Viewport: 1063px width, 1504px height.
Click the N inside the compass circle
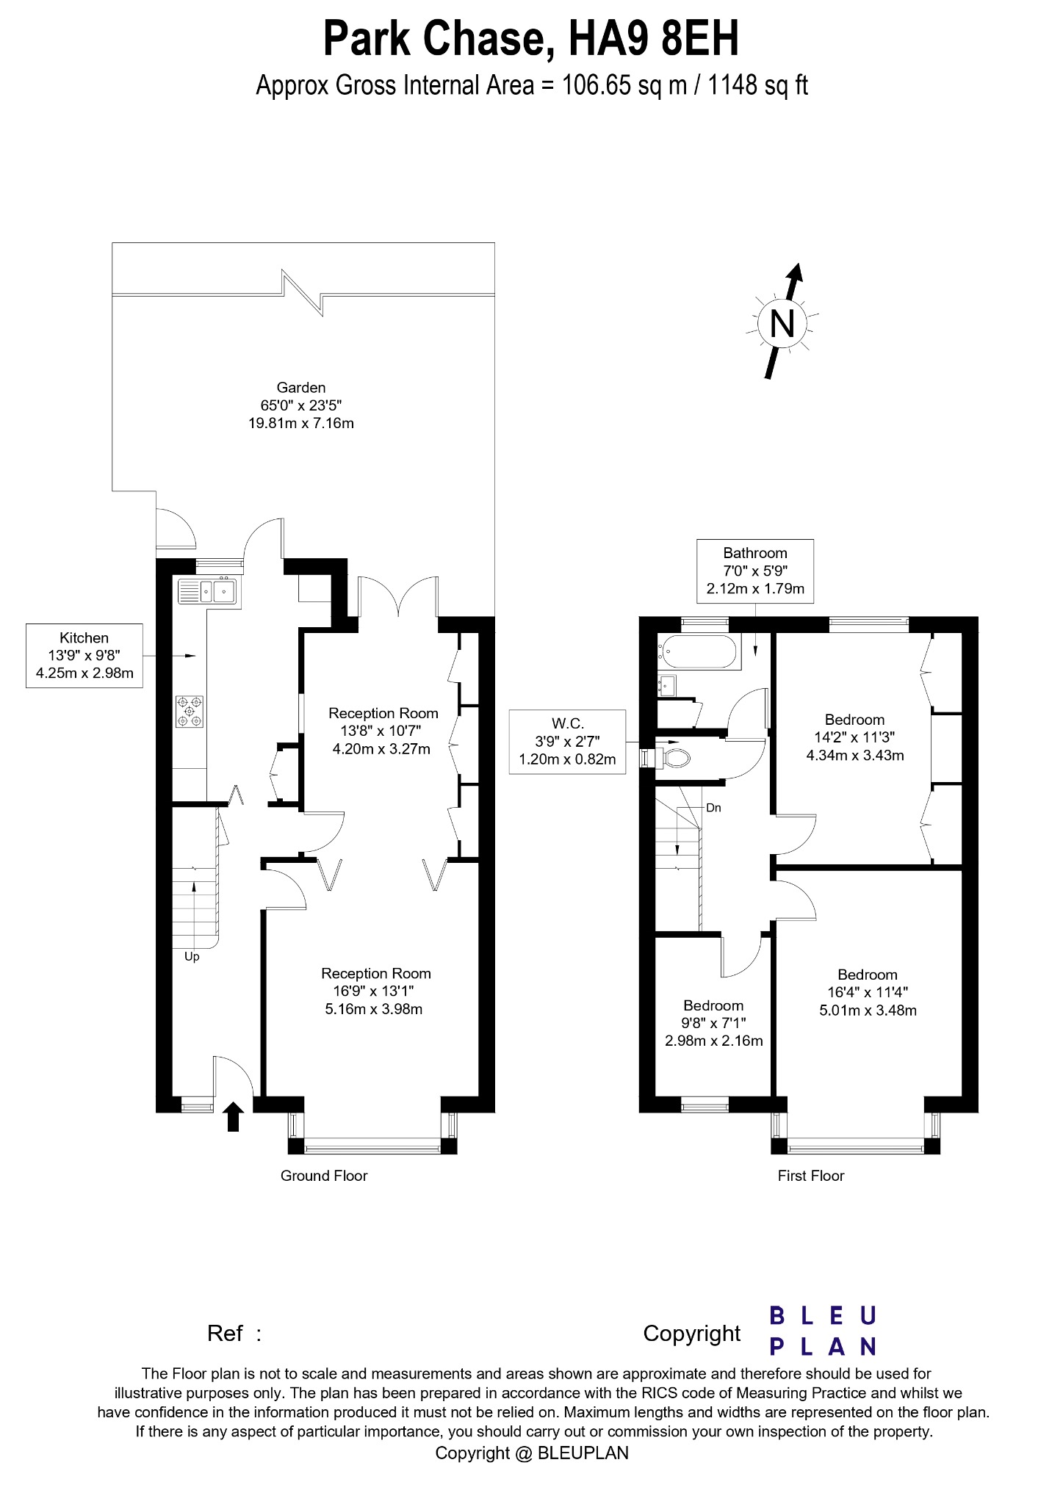782,322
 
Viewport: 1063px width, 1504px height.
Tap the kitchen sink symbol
206,590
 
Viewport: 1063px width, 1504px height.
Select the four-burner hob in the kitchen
190,711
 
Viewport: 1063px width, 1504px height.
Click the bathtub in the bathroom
699,652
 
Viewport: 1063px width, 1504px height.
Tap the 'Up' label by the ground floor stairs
192,957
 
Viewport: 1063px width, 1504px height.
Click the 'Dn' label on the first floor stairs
713,808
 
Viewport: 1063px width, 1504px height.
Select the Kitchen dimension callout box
84,656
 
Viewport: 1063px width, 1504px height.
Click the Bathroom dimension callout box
755,571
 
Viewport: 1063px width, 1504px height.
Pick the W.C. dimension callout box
567,742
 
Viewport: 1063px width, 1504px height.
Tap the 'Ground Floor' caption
323,1176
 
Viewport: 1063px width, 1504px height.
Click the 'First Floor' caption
811,1176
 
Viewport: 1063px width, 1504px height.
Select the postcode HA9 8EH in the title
655,40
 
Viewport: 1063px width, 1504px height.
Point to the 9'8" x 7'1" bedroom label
713,1023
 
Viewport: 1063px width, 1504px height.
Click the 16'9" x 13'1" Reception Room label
375,991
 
